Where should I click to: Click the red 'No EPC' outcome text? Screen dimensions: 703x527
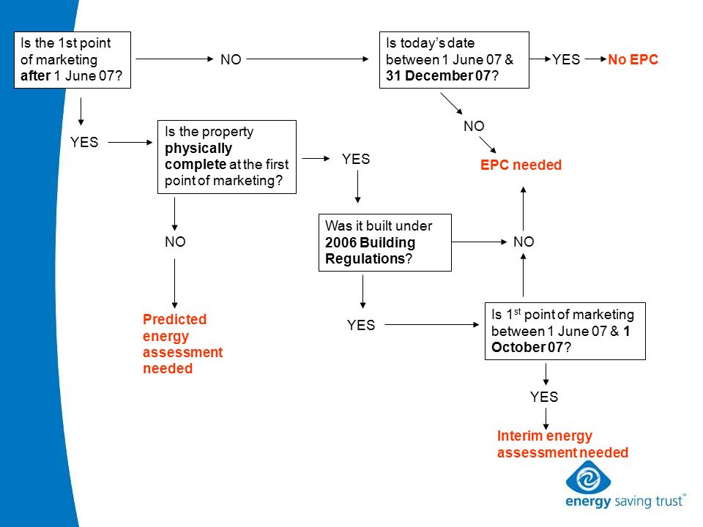633,59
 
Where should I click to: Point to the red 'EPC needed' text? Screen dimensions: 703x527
521,165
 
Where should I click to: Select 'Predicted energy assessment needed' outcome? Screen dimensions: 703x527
182,344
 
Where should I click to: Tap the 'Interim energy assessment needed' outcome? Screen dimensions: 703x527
562,444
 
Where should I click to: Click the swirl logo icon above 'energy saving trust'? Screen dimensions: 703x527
588,478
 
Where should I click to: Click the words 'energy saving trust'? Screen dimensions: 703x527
625,501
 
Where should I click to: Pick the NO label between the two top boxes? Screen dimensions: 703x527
231,59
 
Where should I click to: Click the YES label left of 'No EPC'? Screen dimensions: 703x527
566,59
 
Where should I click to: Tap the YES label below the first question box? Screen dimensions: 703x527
83,142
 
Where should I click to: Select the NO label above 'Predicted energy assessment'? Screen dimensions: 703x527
175,242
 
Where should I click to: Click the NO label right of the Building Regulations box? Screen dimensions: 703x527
524,242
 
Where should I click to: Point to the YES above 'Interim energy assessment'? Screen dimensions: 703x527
544,397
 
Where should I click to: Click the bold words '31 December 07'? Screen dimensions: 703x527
438,75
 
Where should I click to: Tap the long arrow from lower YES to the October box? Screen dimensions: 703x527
432,324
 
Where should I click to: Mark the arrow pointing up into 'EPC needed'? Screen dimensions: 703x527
523,209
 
